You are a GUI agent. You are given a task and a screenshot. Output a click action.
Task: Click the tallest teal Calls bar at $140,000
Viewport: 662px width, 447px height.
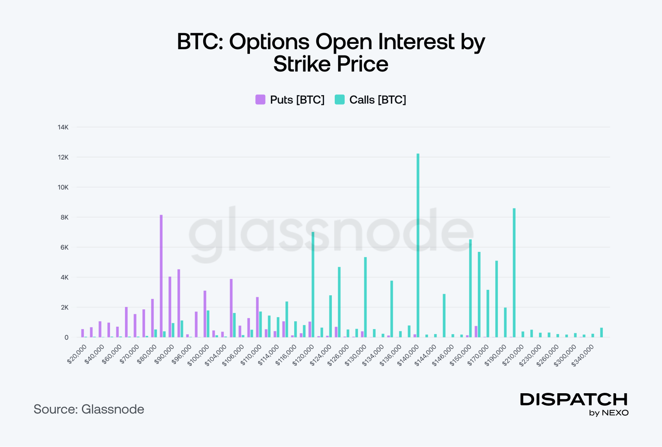pos(418,246)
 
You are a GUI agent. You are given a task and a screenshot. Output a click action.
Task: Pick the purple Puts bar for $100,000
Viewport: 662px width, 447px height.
pos(205,314)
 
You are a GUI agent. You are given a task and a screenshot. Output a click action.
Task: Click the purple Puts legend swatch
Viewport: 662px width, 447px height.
pos(260,100)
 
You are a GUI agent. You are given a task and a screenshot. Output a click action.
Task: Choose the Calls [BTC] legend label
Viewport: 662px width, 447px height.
pos(377,100)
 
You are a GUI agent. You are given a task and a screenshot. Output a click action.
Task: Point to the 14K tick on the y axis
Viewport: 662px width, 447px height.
pos(63,127)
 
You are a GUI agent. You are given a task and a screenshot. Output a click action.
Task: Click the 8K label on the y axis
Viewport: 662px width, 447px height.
pos(65,218)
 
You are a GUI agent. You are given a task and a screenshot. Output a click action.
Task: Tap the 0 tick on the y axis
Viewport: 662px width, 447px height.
pos(66,337)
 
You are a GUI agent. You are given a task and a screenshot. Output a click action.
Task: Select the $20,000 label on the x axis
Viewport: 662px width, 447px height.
pos(77,354)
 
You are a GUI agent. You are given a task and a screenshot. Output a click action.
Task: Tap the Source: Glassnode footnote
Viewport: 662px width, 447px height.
pos(89,409)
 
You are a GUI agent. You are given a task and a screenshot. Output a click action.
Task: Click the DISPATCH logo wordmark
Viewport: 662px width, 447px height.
pos(574,399)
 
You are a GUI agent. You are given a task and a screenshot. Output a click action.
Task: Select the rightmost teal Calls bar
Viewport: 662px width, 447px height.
pos(602,332)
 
